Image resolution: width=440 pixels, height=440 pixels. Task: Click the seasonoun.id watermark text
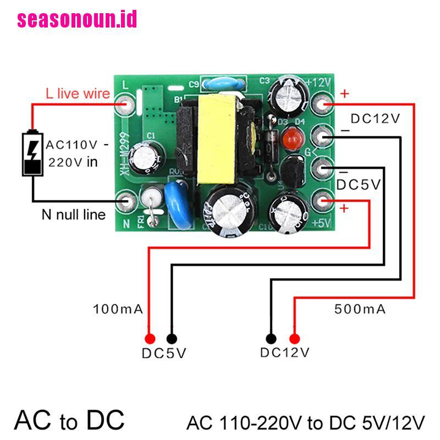[x=77, y=20]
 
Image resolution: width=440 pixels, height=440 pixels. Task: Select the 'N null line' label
[x=73, y=214]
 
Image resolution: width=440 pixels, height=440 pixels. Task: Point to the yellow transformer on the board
[x=214, y=137]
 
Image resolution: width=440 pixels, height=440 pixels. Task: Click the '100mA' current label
[x=118, y=309]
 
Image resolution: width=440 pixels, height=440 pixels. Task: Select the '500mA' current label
[x=360, y=309]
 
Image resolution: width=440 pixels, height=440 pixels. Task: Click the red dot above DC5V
[x=148, y=338]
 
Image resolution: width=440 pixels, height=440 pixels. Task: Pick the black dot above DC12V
[x=271, y=338]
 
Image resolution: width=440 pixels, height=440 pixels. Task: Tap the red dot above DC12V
[x=295, y=338]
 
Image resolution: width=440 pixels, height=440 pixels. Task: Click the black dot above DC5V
[x=172, y=338]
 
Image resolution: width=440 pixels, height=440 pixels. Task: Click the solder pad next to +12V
[x=323, y=103]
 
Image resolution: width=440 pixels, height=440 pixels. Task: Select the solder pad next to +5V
[x=323, y=201]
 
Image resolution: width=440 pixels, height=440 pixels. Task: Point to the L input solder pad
[x=127, y=103]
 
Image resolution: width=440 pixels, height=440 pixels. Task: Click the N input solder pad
[x=127, y=201]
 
